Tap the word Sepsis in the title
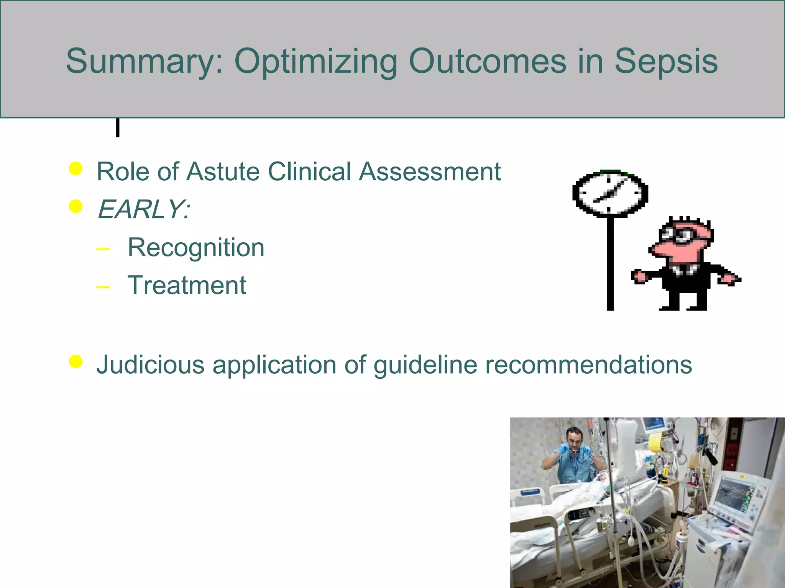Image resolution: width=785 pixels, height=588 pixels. [x=666, y=61]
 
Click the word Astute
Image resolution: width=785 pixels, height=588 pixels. [x=222, y=171]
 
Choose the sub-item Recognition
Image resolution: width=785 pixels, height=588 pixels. [x=196, y=248]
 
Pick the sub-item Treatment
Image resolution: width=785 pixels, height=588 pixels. [x=187, y=286]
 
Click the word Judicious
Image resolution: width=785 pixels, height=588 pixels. [x=150, y=364]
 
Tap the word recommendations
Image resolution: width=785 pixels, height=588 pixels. [x=588, y=364]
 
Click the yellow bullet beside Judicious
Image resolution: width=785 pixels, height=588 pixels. [x=76, y=361]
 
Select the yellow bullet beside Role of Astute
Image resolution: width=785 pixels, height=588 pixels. [x=76, y=168]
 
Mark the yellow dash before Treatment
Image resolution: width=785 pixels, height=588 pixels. [x=103, y=287]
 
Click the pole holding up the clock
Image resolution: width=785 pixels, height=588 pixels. [x=610, y=264]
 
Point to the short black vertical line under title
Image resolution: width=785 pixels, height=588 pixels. [x=118, y=127]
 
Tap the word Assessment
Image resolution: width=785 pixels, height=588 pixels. [x=430, y=171]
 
